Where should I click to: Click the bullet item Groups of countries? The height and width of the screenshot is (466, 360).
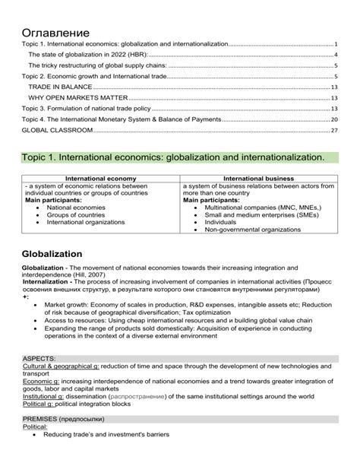pos(76,214)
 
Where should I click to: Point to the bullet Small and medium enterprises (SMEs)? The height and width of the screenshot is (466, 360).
pos(262,214)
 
